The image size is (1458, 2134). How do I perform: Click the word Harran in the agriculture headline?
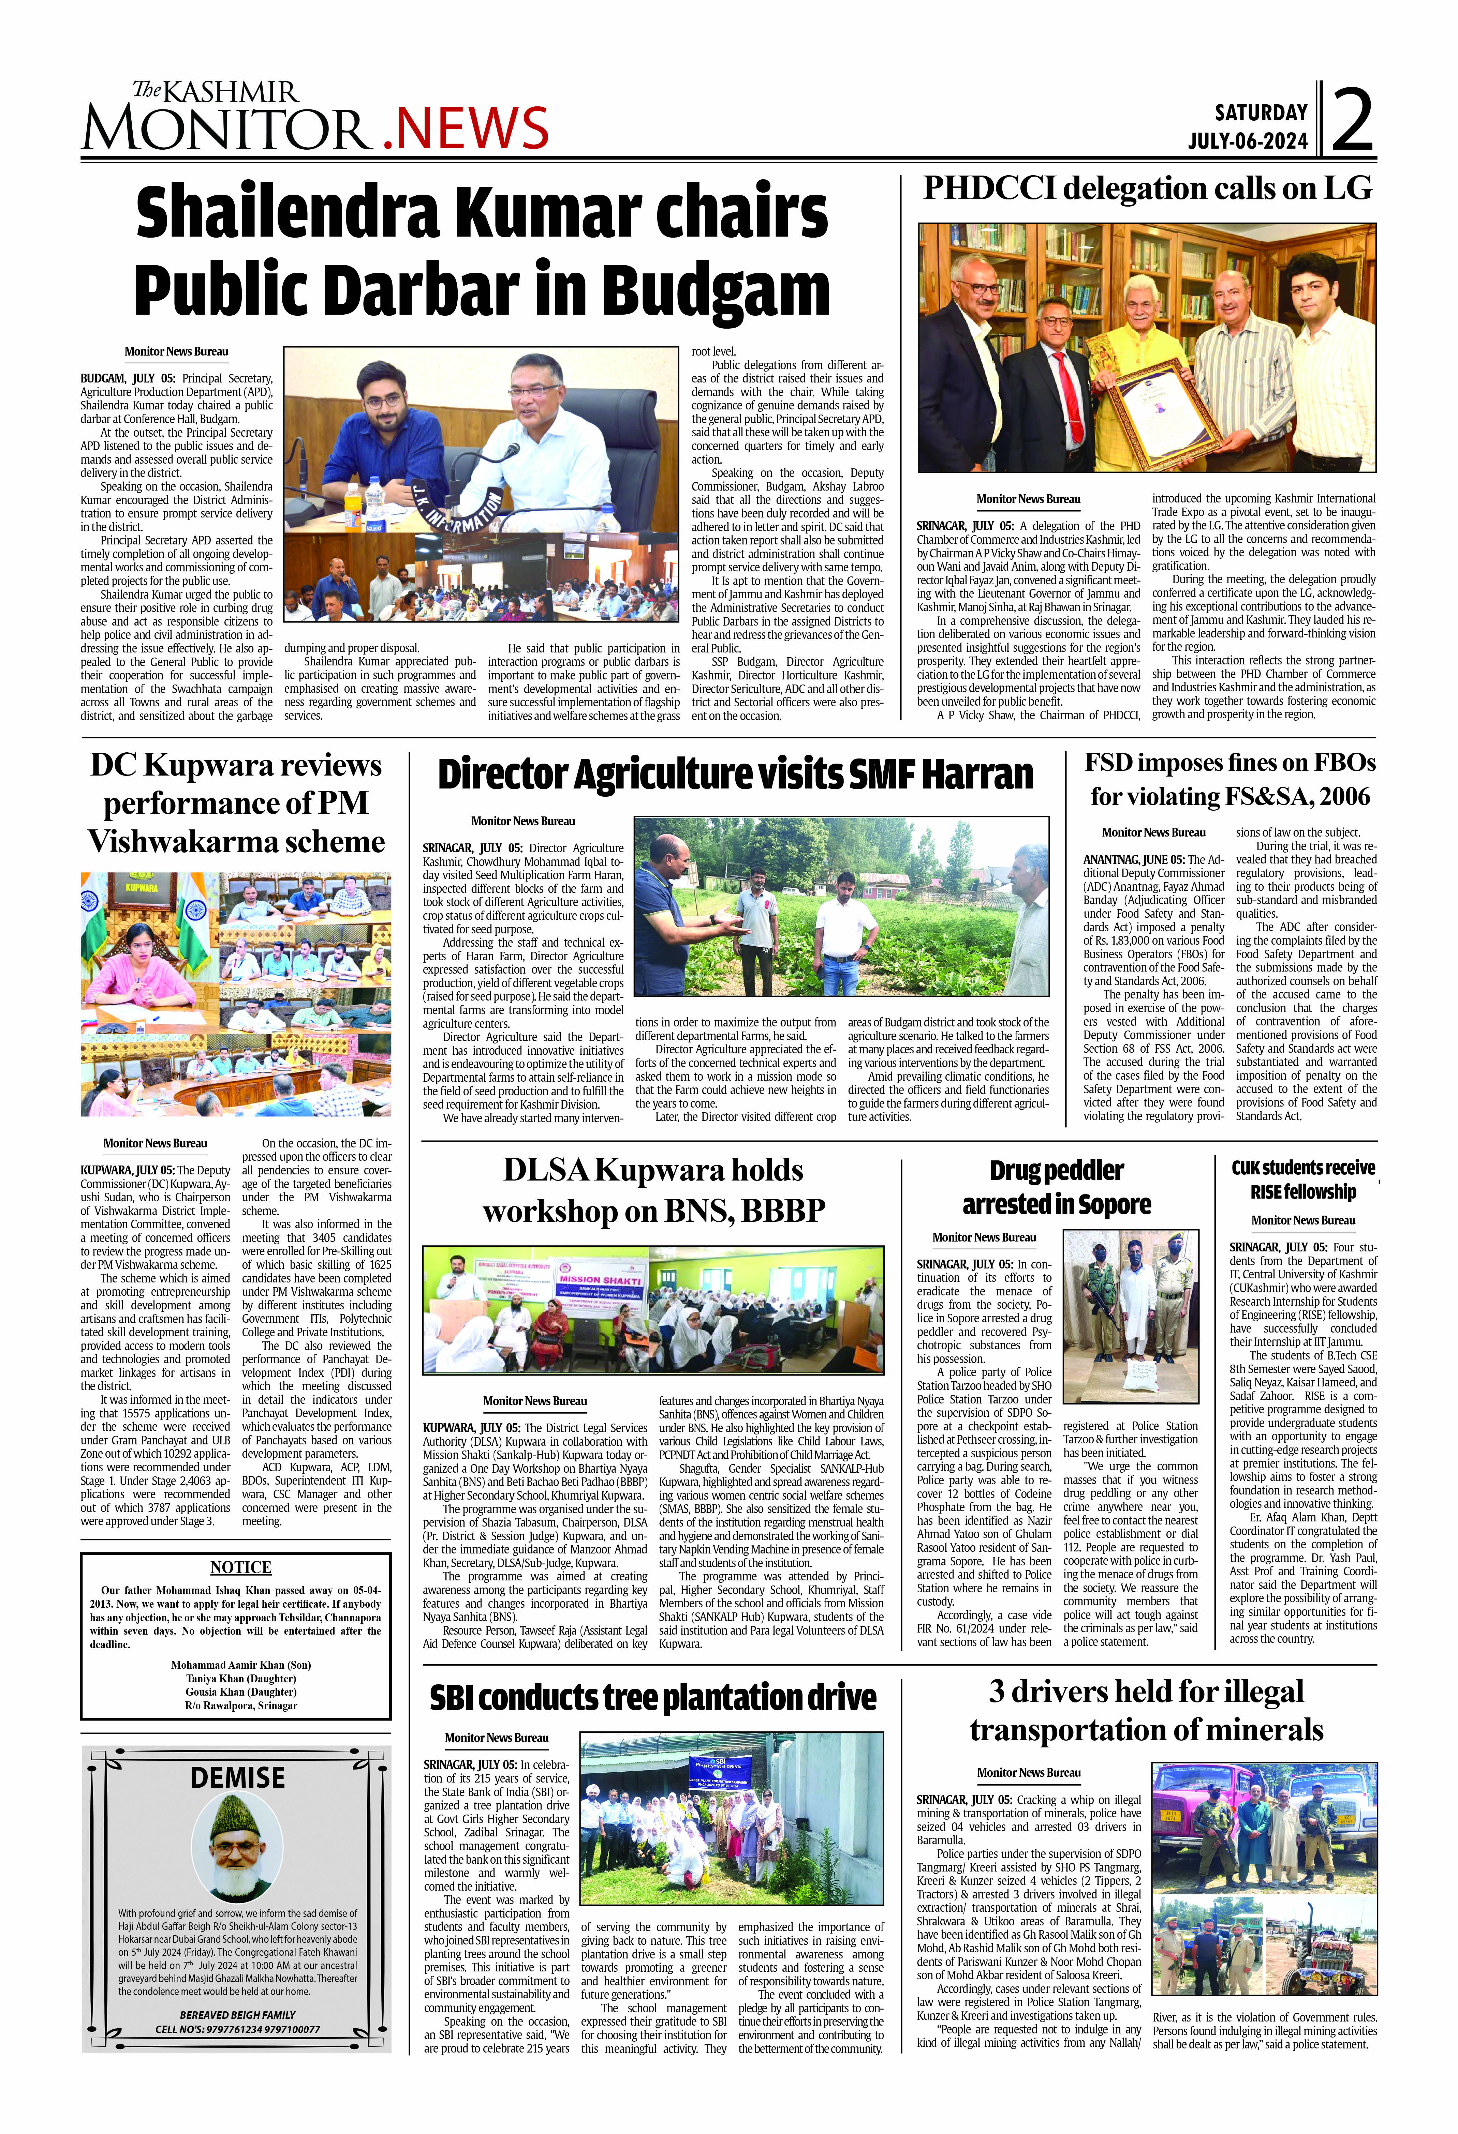pos(976,774)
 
